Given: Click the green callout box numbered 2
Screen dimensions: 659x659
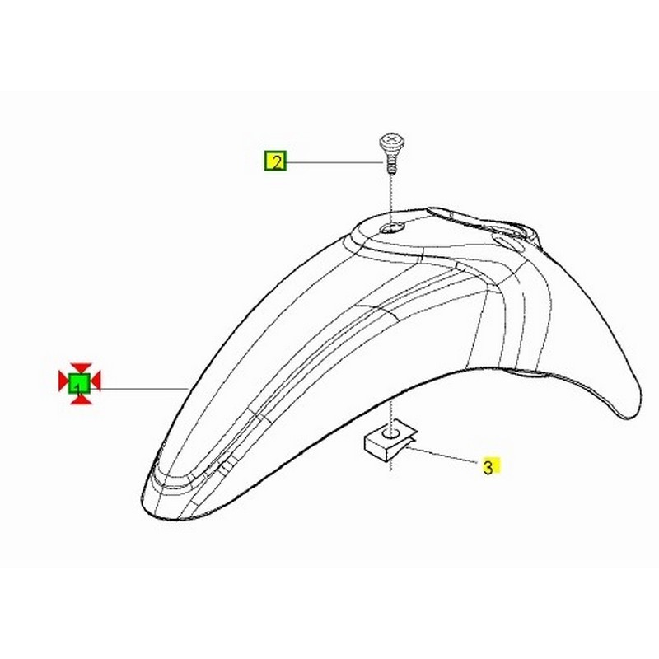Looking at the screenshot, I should (274, 161).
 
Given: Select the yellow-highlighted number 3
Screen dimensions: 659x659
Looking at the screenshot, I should (488, 467).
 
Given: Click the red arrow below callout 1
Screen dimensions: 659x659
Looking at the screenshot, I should (79, 398).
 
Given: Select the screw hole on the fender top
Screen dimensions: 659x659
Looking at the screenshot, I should (390, 228).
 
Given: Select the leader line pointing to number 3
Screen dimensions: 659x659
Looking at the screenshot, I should (445, 456).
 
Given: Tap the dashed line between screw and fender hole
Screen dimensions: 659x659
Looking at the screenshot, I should (389, 198).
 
